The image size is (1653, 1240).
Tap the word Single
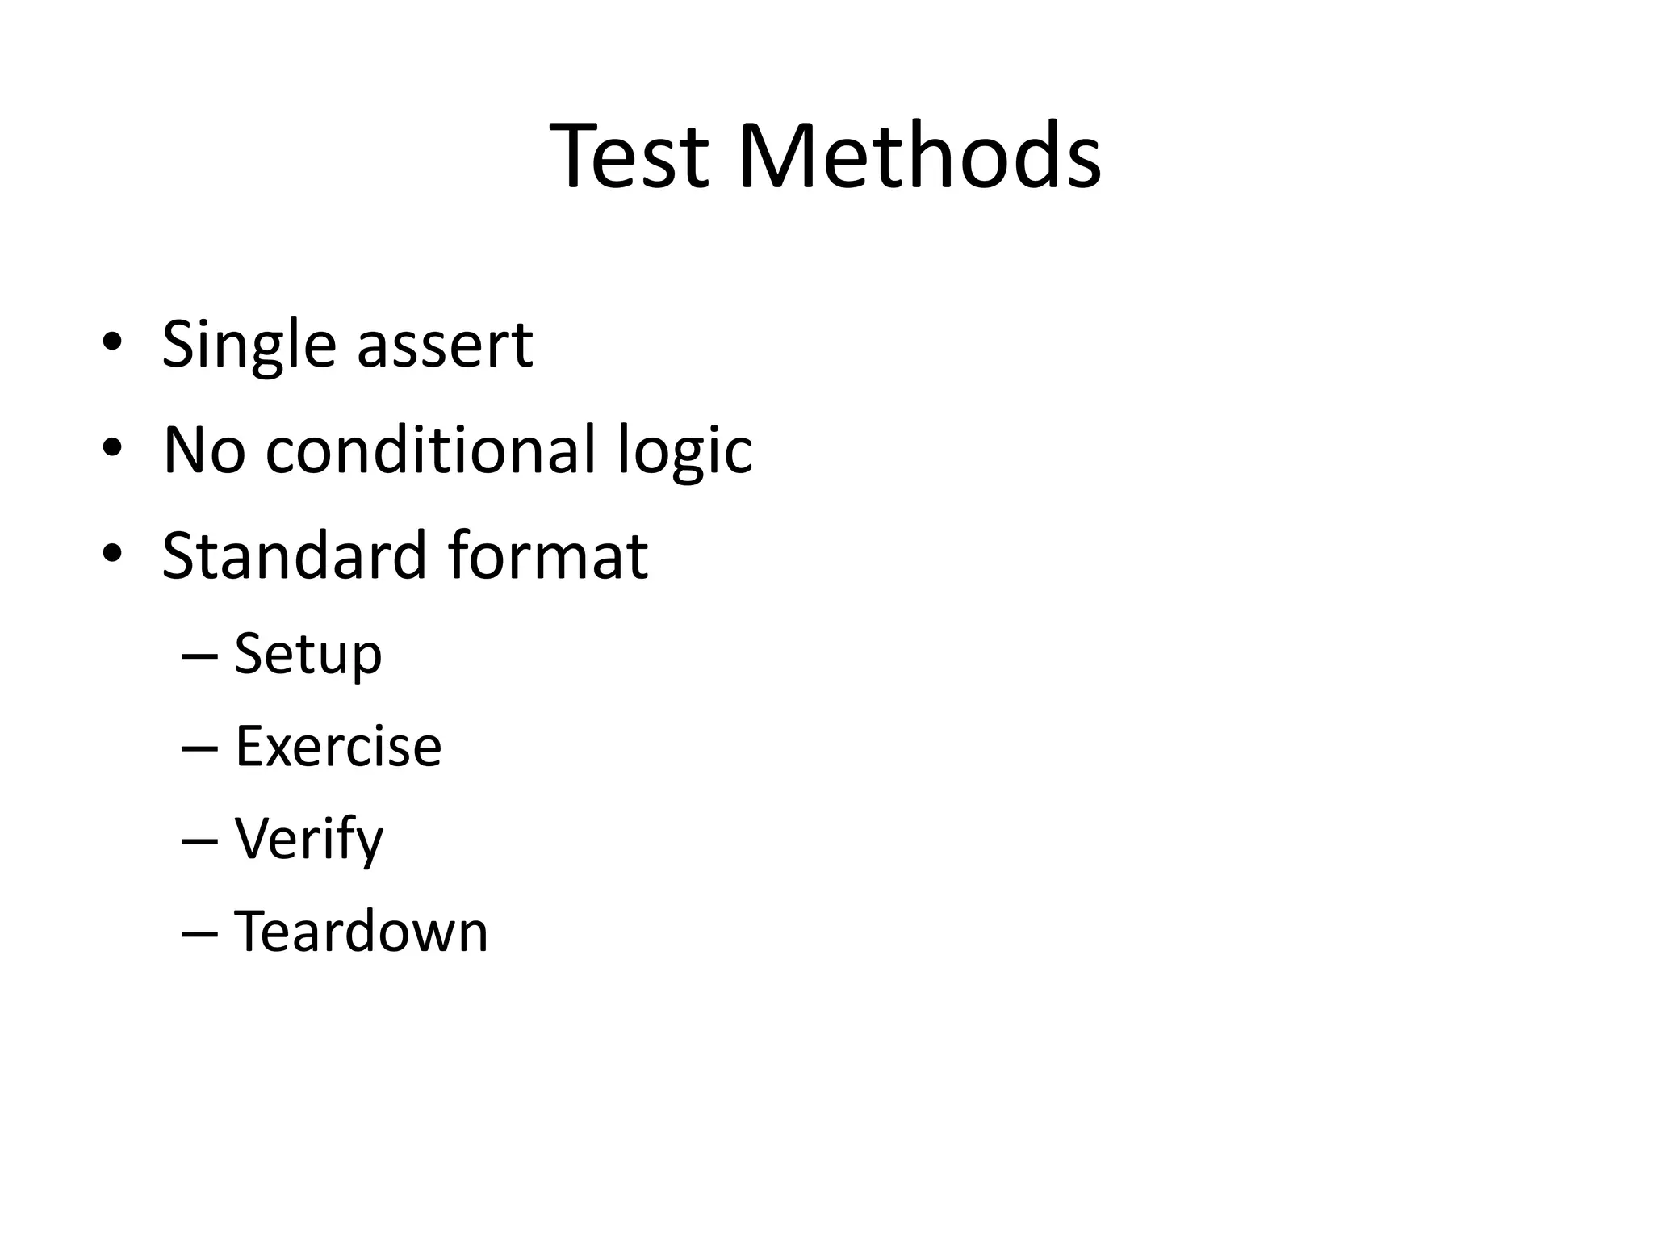pyautogui.click(x=248, y=346)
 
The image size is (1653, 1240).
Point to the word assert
pyautogui.click(x=445, y=346)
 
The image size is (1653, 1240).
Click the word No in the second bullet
pyautogui.click(x=203, y=450)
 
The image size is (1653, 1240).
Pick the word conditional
pyautogui.click(x=429, y=450)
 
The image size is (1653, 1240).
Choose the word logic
pyautogui.click(x=684, y=451)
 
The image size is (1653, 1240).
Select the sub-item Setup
pyautogui.click(x=308, y=656)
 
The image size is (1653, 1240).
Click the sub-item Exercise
pyautogui.click(x=338, y=747)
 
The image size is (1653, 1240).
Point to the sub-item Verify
pyautogui.click(x=308, y=840)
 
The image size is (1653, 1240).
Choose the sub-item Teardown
pyautogui.click(x=361, y=932)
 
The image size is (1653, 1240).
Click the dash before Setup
pyautogui.click(x=200, y=656)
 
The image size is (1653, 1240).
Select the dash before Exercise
pyautogui.click(x=200, y=748)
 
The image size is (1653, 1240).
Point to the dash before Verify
pyautogui.click(x=200, y=840)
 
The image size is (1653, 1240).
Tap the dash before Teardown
pyautogui.click(x=200, y=932)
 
